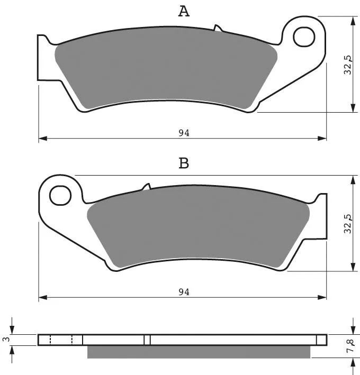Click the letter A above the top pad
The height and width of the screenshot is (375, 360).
tap(184, 11)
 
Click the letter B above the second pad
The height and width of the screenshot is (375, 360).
tap(184, 163)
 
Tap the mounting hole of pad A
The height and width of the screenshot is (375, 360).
tap(304, 37)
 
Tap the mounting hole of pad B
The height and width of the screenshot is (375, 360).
tap(60, 195)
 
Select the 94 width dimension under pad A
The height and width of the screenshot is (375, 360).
tap(184, 133)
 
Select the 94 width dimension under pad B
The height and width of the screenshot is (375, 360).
tap(184, 292)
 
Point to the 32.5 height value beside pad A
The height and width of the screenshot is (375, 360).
tap(348, 65)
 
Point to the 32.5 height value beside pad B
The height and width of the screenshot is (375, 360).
tap(348, 224)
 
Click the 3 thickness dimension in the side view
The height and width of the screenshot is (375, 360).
tap(7, 339)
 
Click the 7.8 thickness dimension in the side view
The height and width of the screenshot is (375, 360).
tap(350, 345)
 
